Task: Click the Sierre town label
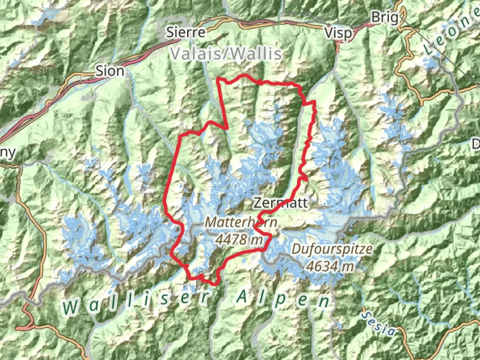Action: pos(186,32)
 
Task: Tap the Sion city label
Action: pos(110,71)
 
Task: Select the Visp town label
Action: pos(338,33)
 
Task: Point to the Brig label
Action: pos(385,17)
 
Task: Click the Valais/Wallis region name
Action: pos(226,54)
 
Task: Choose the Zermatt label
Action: pos(281,203)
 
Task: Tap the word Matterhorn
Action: pos(241,222)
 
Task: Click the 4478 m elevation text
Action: pos(239,239)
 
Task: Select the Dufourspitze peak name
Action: pos(332,249)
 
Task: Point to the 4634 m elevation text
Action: pos(330,266)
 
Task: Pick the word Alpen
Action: pos(283,299)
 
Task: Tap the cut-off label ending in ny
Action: pos(7,153)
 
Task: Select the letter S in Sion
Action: pos(99,71)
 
